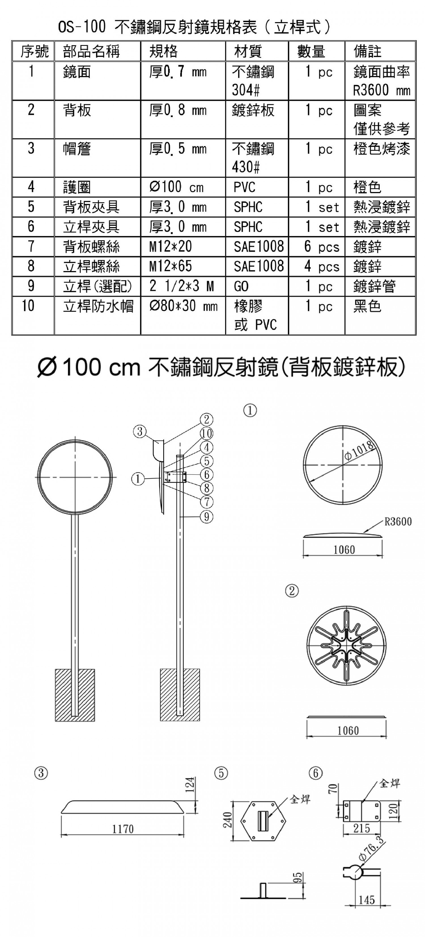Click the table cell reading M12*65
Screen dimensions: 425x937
[170, 266]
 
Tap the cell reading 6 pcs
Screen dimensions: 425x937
[322, 247]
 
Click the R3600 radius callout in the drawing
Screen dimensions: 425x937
[398, 521]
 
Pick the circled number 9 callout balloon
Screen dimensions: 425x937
[206, 517]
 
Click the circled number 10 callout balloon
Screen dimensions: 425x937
[206, 433]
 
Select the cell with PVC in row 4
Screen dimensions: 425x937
[245, 187]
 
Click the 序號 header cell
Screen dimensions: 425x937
[34, 51]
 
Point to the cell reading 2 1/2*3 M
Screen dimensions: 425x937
[181, 286]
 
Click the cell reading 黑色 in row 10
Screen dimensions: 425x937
[367, 306]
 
